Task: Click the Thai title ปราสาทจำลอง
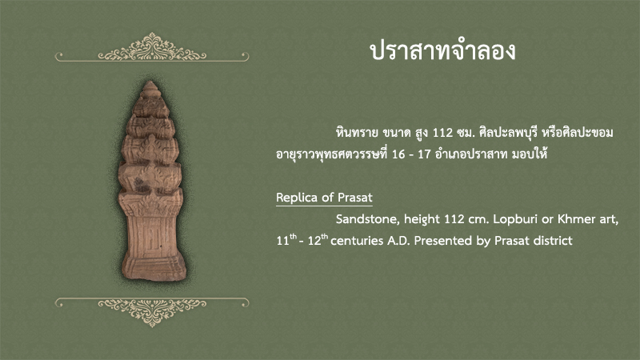point(442,52)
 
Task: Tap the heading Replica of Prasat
point(324,198)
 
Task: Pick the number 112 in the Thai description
point(443,133)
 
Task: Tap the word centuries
point(357,241)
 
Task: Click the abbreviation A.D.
point(398,241)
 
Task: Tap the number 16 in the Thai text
point(398,154)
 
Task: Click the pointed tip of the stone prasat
point(150,82)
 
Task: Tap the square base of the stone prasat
point(154,266)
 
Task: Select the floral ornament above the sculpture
point(152,47)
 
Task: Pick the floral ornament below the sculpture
point(152,312)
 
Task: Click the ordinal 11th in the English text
point(286,239)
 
